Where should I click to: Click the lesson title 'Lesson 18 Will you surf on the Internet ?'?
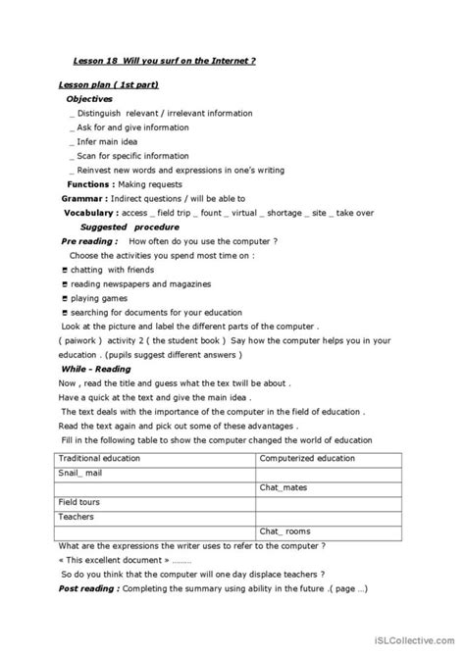(164, 60)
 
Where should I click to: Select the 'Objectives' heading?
(89, 100)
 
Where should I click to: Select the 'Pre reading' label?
(89, 240)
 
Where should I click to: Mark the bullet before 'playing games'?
(64, 298)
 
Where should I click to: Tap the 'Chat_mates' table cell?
(284, 487)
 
